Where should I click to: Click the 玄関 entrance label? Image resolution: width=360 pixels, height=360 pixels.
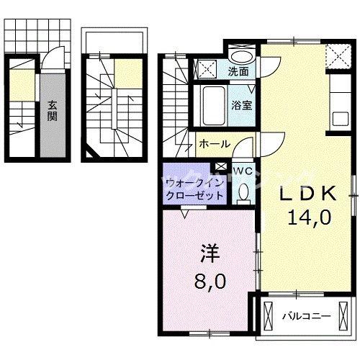point(53,110)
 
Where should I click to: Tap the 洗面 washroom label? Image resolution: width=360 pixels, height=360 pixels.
point(238,71)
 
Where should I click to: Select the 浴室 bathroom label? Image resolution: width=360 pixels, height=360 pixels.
point(240,104)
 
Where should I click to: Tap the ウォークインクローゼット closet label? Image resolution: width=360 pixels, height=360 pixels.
point(185,189)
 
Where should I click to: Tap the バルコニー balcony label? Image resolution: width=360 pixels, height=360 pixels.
point(306,315)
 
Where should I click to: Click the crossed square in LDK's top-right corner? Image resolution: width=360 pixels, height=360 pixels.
point(335,54)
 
